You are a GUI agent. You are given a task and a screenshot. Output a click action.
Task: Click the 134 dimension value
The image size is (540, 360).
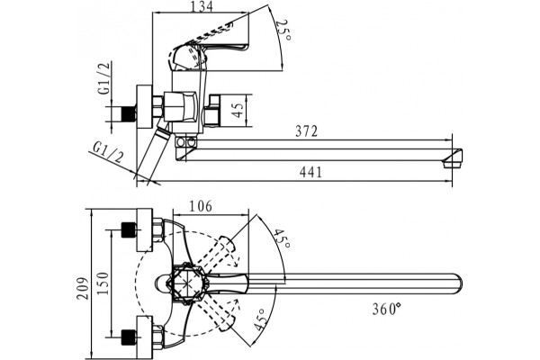pos(202,6)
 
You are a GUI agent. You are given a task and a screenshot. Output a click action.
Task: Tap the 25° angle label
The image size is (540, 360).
pos(283,30)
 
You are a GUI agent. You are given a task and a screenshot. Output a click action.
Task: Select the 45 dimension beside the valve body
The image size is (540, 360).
pos(238,110)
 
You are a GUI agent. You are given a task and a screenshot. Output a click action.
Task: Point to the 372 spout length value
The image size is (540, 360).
pos(306,131)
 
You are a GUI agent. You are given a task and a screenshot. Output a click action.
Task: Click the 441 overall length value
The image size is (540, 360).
pos(310,172)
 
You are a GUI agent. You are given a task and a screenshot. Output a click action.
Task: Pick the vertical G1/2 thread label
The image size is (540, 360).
pos(104,78)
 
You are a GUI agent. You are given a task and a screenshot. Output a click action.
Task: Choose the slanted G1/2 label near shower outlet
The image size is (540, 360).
pos(109,152)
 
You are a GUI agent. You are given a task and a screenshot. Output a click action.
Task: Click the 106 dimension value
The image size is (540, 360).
pos(201,206)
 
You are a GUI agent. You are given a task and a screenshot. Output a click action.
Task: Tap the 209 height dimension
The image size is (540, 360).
pos(83,288)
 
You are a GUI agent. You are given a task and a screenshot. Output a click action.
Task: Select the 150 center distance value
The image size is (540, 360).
pos(103,283)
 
